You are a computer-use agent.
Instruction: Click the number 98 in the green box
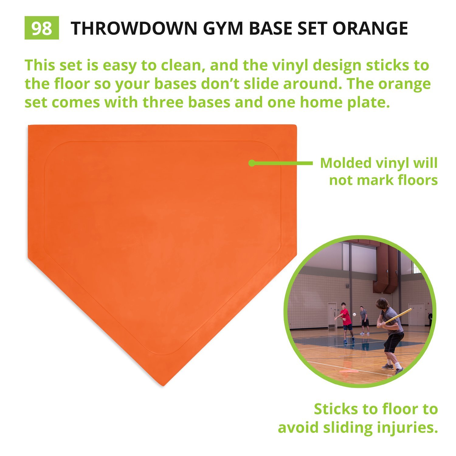point(42,28)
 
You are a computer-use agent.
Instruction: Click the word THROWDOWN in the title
point(134,28)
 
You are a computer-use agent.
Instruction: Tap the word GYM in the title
point(223,28)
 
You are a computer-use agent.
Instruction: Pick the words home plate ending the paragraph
point(345,102)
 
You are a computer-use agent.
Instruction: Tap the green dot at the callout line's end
point(251,163)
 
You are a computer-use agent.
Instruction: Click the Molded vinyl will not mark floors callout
point(379,171)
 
